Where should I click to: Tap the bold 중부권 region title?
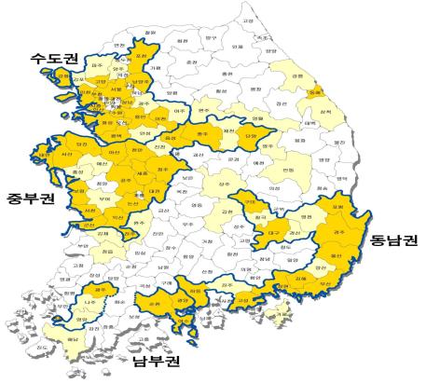tap(25, 198)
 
